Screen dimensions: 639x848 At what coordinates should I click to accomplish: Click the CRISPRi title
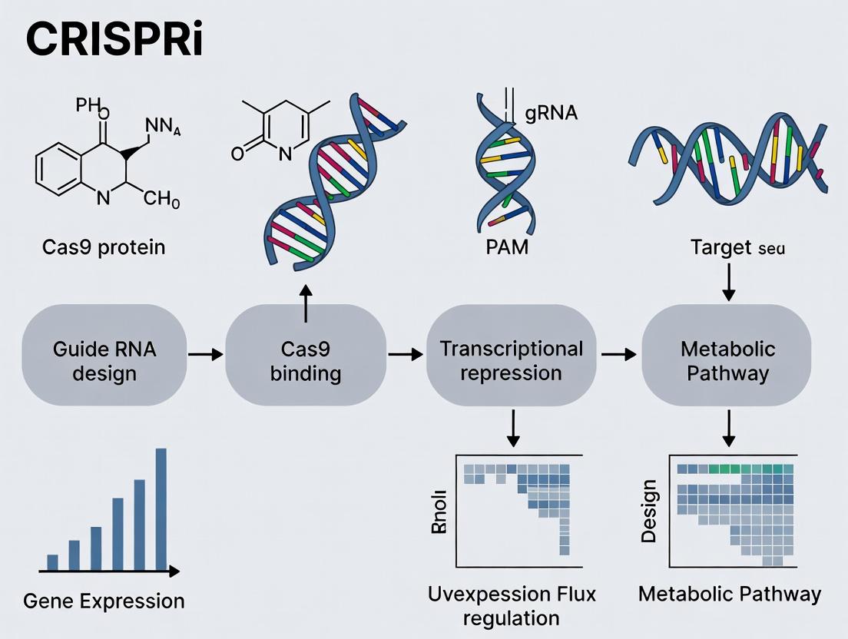114,41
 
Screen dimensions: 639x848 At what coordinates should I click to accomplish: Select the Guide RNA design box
104,361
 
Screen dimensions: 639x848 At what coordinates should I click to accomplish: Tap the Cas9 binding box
306,361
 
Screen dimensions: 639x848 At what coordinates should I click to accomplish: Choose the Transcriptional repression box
511,361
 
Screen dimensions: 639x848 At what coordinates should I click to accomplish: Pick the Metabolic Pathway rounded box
727,361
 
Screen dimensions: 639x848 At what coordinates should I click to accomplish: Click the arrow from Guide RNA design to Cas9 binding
205,354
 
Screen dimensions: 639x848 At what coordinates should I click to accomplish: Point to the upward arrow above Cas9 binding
306,305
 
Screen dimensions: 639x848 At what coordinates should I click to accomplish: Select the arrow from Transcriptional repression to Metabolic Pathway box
618,354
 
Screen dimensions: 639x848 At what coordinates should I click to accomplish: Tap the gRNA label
551,114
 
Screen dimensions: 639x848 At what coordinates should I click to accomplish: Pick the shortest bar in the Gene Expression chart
53,562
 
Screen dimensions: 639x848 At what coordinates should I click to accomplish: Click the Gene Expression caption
104,601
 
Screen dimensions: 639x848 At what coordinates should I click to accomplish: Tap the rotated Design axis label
650,511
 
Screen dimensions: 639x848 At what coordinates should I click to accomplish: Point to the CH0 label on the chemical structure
161,203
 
